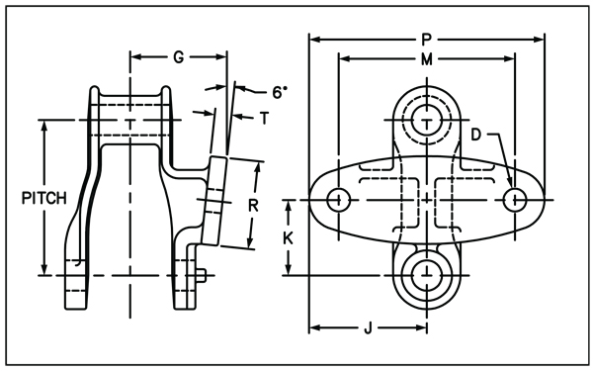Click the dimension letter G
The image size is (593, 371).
pos(178,57)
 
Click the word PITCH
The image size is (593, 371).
pos(43,198)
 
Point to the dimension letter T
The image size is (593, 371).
pos(264,118)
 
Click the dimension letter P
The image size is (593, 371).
pos(426,40)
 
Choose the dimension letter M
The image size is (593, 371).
pos(426,59)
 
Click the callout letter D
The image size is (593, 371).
pos(475,134)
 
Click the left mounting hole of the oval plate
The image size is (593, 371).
pos(339,199)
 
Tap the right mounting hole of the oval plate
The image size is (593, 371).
pos(514,199)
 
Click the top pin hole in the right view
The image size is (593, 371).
pos(427,120)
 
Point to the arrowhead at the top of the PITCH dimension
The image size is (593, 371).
pos(43,127)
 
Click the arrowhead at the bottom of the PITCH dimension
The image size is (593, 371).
pos(43,270)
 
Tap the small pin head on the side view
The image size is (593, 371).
pos(201,276)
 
